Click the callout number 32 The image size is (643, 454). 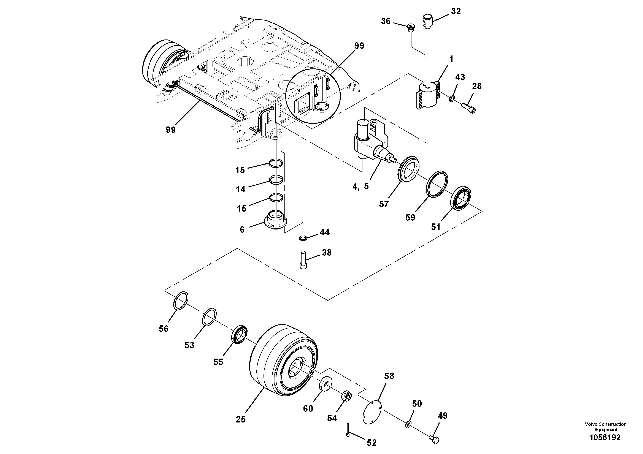coord(456,11)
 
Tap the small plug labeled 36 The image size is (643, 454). coord(411,28)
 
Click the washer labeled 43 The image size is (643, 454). coord(451,98)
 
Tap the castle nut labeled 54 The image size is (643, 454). coord(346,396)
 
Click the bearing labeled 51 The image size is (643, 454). coord(461,197)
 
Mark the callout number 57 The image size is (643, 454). coord(384,204)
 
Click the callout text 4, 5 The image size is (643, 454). coord(361,187)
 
